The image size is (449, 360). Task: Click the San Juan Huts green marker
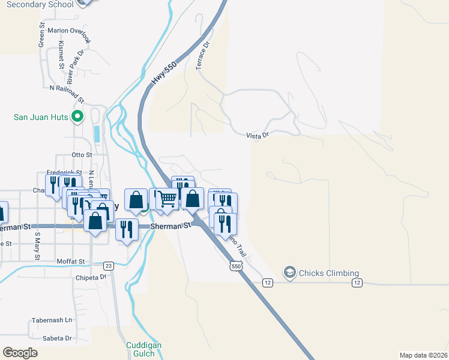coord(77,116)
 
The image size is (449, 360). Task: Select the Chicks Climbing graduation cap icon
coord(291,273)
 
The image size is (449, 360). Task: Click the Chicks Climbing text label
coord(329,274)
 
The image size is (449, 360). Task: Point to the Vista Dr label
coord(257,136)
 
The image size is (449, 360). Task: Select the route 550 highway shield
coord(235,265)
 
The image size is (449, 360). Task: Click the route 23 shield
coord(108,266)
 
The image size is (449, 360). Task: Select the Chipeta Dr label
coord(91,277)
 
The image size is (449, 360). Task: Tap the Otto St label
coord(82,155)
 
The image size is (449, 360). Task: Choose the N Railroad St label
coord(67,88)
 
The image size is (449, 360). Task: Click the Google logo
coord(20,352)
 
